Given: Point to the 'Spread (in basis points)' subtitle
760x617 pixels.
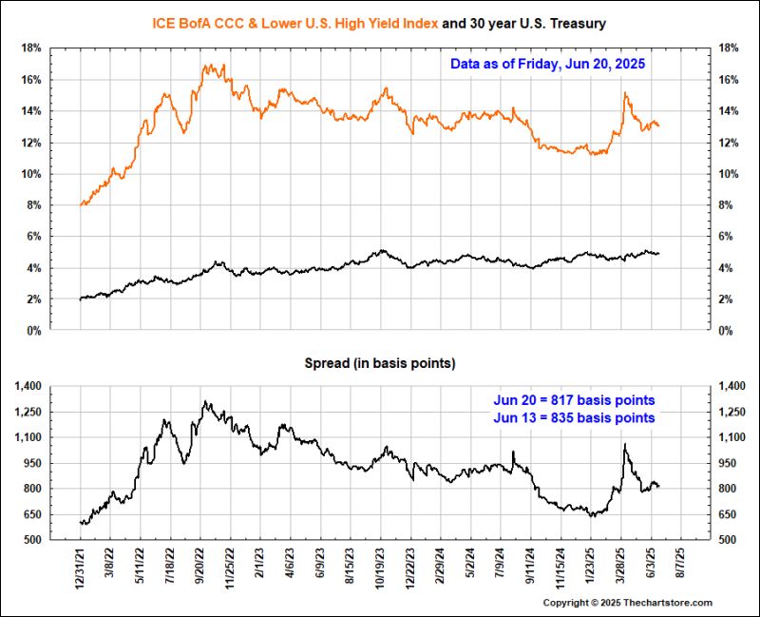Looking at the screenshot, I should [x=379, y=363].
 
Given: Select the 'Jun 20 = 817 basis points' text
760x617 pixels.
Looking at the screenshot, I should [x=574, y=399].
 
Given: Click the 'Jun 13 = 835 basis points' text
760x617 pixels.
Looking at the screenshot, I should [x=574, y=417].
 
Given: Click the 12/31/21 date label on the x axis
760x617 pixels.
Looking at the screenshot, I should [x=82, y=569].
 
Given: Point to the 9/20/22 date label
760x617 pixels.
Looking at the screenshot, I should [x=201, y=569].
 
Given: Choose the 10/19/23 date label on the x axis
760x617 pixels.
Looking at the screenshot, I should [x=381, y=569].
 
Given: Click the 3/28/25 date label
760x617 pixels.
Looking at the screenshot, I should [x=621, y=569].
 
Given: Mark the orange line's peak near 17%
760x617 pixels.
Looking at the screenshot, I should [x=209, y=65].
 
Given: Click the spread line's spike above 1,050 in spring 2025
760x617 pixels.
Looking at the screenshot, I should [x=625, y=444].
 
